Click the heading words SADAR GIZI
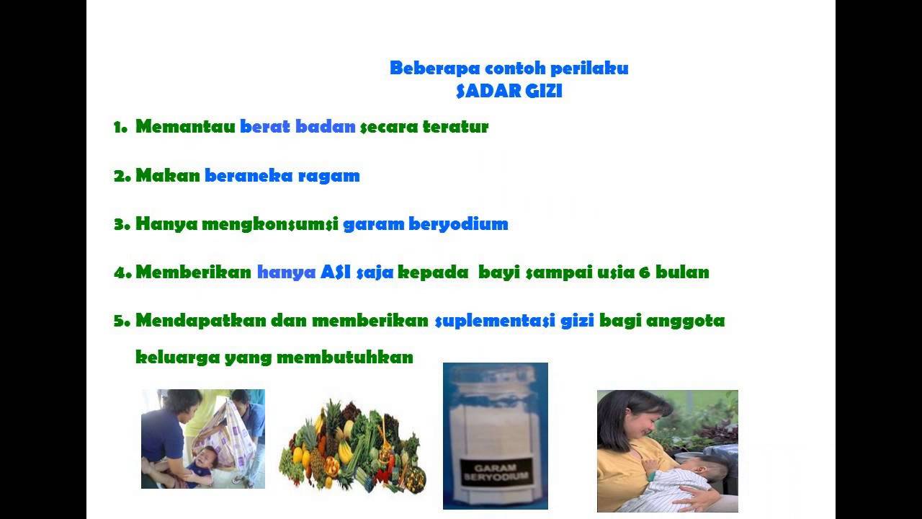[509, 92]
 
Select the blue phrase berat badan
[297, 127]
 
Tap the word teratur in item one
[455, 127]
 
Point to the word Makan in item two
[167, 175]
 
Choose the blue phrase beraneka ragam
[282, 176]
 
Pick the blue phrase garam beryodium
[426, 224]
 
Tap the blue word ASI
[336, 272]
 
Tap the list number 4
[120, 272]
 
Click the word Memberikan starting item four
[193, 272]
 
